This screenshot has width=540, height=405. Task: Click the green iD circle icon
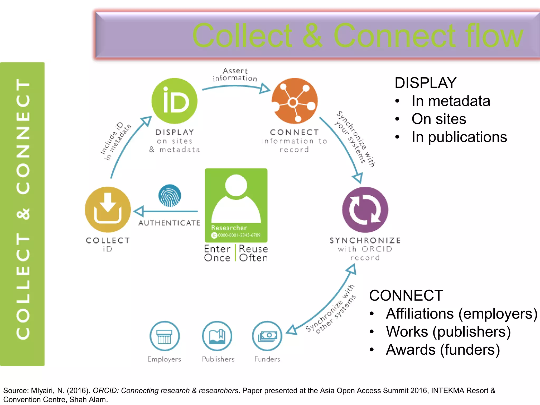[x=174, y=101]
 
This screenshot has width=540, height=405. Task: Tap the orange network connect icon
[x=295, y=101]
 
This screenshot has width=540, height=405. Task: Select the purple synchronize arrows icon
[x=365, y=210]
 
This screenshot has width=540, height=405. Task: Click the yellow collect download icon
[x=108, y=210]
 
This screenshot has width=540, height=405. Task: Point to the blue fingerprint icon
[x=170, y=195]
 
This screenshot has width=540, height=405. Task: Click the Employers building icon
[x=165, y=336]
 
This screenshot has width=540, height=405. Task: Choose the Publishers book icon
[x=217, y=336]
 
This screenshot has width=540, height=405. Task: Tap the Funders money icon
[x=267, y=336]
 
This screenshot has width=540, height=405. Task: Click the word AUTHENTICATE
[x=169, y=223]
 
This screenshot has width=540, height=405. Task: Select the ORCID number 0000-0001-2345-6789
[x=239, y=235]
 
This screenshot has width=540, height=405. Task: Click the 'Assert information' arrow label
[x=235, y=75]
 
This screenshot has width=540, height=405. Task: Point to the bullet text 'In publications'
[x=459, y=137]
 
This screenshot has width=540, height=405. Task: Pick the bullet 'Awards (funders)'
[x=443, y=350]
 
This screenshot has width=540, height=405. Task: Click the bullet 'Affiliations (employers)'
[x=461, y=314]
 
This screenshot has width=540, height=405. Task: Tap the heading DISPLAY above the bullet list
[x=425, y=83]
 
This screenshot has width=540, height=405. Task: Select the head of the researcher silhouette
[x=236, y=185]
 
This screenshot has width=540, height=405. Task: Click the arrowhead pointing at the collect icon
[x=138, y=211]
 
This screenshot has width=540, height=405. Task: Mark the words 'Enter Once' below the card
[x=217, y=253]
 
